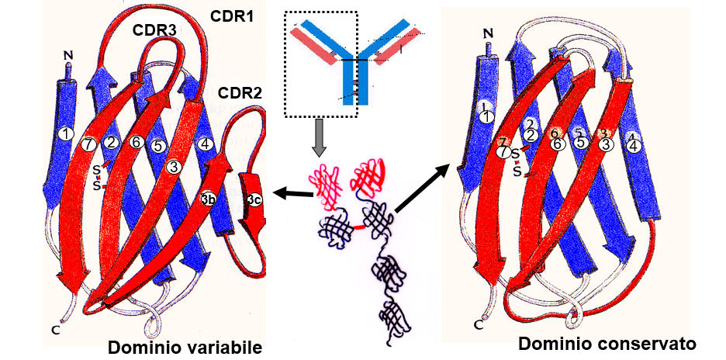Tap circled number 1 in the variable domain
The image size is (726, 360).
tap(67, 134)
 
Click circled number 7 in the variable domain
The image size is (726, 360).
tap(90, 143)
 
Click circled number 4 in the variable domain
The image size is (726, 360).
tap(205, 143)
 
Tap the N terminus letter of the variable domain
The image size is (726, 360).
tap(67, 56)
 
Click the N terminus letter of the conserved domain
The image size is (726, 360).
tap(487, 33)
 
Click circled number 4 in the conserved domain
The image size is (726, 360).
tap(634, 145)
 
